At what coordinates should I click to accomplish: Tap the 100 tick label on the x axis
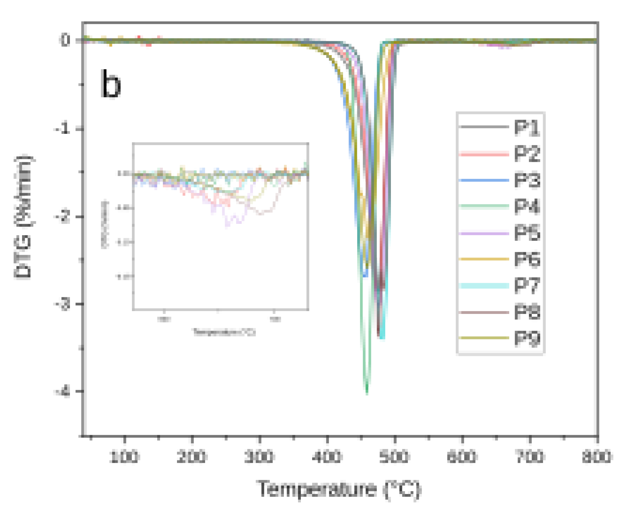124,457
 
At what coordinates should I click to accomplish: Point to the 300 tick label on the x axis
260,457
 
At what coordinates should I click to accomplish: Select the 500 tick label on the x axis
395,457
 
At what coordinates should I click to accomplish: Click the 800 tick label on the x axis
597,457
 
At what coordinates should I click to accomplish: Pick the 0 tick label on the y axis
66,40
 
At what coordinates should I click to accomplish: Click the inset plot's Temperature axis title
224,332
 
